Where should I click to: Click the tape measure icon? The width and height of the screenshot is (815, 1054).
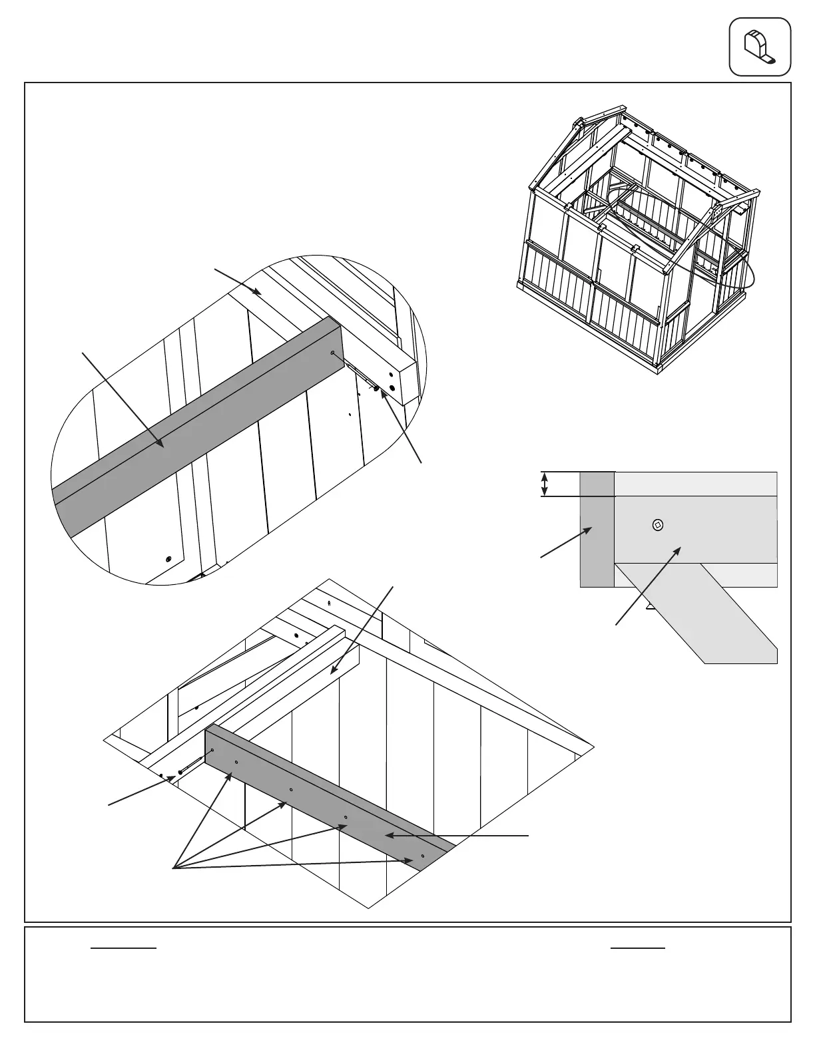760,47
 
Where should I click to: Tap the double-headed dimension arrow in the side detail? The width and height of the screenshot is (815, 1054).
545,484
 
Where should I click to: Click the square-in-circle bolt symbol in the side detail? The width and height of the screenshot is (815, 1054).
658,525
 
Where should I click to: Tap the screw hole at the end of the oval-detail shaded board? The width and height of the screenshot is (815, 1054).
332,353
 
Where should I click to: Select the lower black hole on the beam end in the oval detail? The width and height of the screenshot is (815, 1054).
392,387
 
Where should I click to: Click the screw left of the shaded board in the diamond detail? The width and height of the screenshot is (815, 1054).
180,773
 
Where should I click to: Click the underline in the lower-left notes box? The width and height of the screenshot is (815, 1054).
123,947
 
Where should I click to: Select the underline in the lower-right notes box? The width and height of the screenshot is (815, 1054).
637,947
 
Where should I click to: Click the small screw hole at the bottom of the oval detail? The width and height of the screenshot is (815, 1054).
168,559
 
